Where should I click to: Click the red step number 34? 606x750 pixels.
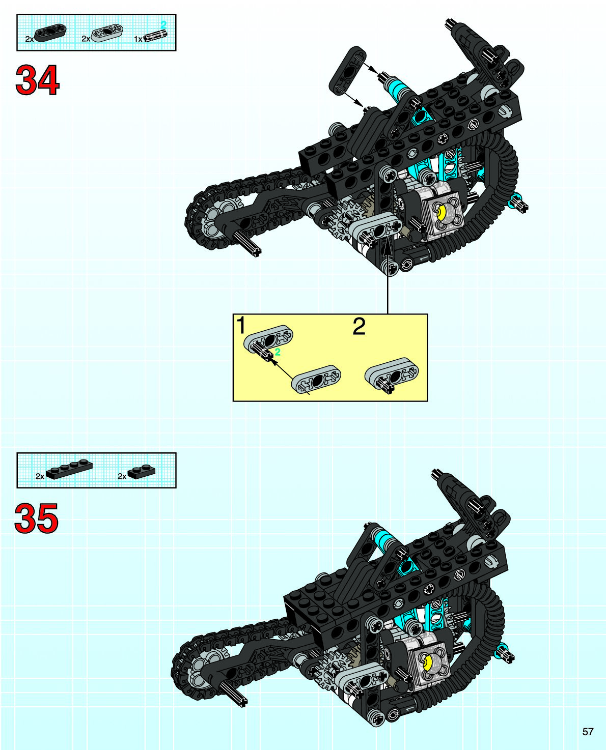pos(37,81)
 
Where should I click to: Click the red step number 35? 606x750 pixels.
pos(36,519)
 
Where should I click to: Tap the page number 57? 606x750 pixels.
pos(588,732)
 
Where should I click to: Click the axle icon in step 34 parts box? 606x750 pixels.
pos(156,36)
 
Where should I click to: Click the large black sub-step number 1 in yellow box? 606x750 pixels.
pos(241,326)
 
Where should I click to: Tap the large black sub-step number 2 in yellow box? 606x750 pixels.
pos(359,327)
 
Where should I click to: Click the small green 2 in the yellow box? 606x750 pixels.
pos(278,352)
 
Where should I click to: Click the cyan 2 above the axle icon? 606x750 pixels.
pos(163,24)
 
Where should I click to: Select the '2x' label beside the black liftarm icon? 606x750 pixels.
pos(30,39)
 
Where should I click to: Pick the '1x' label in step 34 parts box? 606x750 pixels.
pos(138,39)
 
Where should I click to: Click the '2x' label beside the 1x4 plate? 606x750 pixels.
pos(40,476)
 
